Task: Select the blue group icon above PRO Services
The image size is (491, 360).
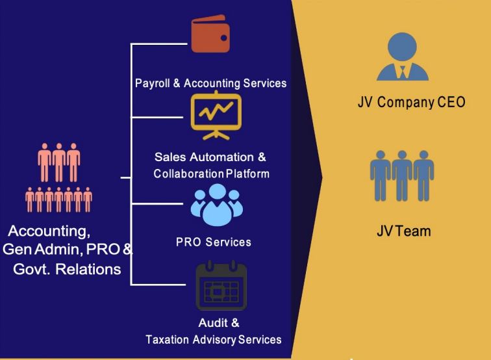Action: point(216,204)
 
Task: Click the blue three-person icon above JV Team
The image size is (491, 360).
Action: point(402,175)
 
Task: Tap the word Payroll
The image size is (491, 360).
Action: point(153,83)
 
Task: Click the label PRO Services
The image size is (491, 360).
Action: point(213,242)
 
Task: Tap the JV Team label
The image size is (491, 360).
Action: point(403,230)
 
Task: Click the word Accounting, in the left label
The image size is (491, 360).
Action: point(49,231)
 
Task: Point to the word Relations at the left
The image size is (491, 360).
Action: point(88,268)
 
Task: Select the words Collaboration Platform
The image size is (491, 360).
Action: point(211,174)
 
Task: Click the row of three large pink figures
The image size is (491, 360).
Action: point(58,162)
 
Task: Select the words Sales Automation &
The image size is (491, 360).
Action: point(210,157)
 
